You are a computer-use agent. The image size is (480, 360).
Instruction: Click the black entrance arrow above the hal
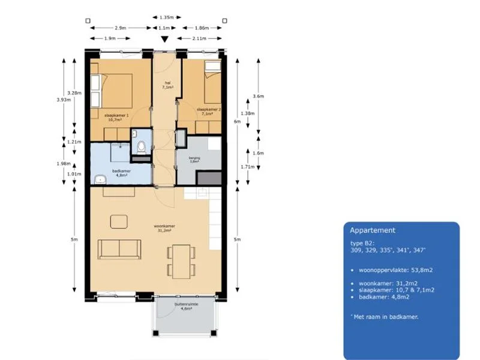click(x=164, y=40)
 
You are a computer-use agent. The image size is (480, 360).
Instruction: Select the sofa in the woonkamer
click(x=119, y=248)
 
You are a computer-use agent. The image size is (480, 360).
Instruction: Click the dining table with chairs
click(x=180, y=261)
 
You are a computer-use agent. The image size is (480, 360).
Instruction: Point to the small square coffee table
click(x=119, y=221)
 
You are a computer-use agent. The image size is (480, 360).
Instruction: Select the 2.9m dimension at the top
click(x=120, y=28)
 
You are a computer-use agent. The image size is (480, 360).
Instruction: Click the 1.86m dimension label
click(x=202, y=28)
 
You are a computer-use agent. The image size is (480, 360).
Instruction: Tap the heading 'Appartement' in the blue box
click(x=373, y=230)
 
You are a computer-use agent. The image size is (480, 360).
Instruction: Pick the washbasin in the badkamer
click(x=100, y=178)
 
